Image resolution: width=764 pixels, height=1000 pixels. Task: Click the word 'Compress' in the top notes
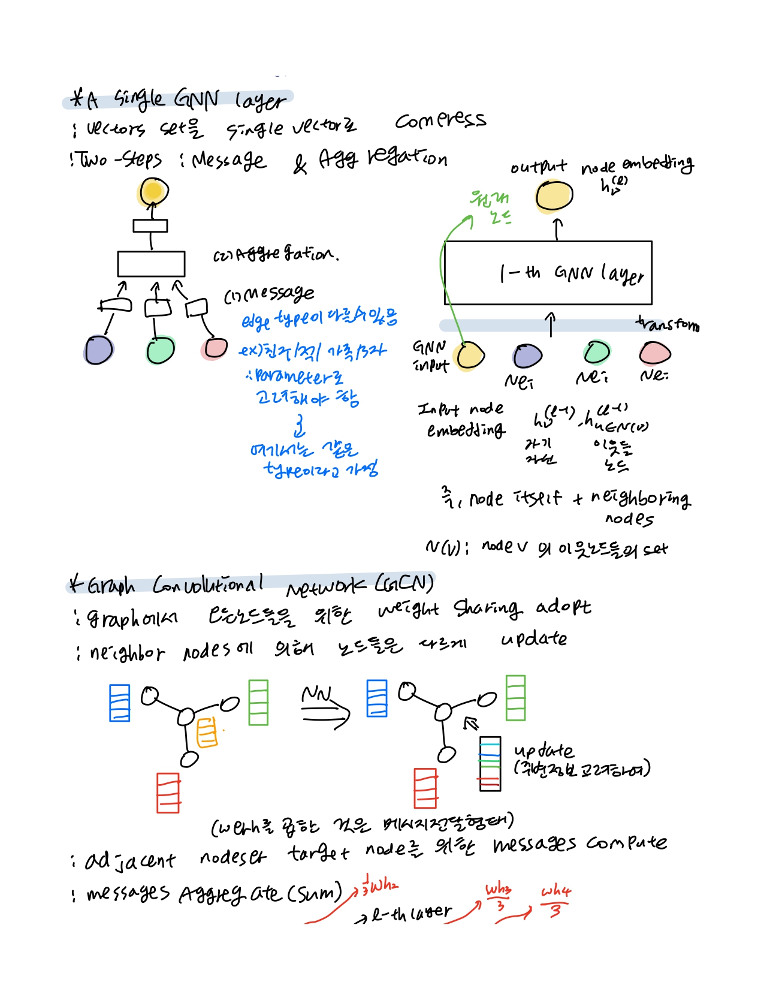pos(440,120)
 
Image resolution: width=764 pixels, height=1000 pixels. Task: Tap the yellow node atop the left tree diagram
pos(153,192)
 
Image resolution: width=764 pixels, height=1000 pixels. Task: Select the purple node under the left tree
pos(99,350)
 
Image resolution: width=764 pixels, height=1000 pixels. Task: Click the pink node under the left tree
pos(215,348)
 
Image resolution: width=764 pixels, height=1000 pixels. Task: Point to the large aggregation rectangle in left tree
pos(151,264)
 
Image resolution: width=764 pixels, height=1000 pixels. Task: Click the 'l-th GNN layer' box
pos(548,273)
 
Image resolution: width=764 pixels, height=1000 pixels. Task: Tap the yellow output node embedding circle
pos(554,196)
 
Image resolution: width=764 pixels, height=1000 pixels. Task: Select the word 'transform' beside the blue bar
pos(668,324)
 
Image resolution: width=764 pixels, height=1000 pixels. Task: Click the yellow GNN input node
pos(470,356)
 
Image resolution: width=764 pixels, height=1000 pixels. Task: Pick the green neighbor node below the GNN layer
pos(597,352)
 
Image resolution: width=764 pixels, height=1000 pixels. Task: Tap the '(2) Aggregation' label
pos(276,254)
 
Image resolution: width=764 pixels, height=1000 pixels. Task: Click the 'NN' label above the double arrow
pos(316,694)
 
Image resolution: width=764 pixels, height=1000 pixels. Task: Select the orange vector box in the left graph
pos(207,732)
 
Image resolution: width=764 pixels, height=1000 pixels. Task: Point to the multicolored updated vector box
pos(490,763)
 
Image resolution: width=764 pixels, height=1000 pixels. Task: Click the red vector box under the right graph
pos(425,788)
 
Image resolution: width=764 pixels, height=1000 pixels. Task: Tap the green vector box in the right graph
pos(515,697)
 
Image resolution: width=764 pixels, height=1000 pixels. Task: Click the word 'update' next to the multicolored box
pos(543,751)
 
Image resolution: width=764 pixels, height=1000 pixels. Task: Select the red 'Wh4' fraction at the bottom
pos(555,899)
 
